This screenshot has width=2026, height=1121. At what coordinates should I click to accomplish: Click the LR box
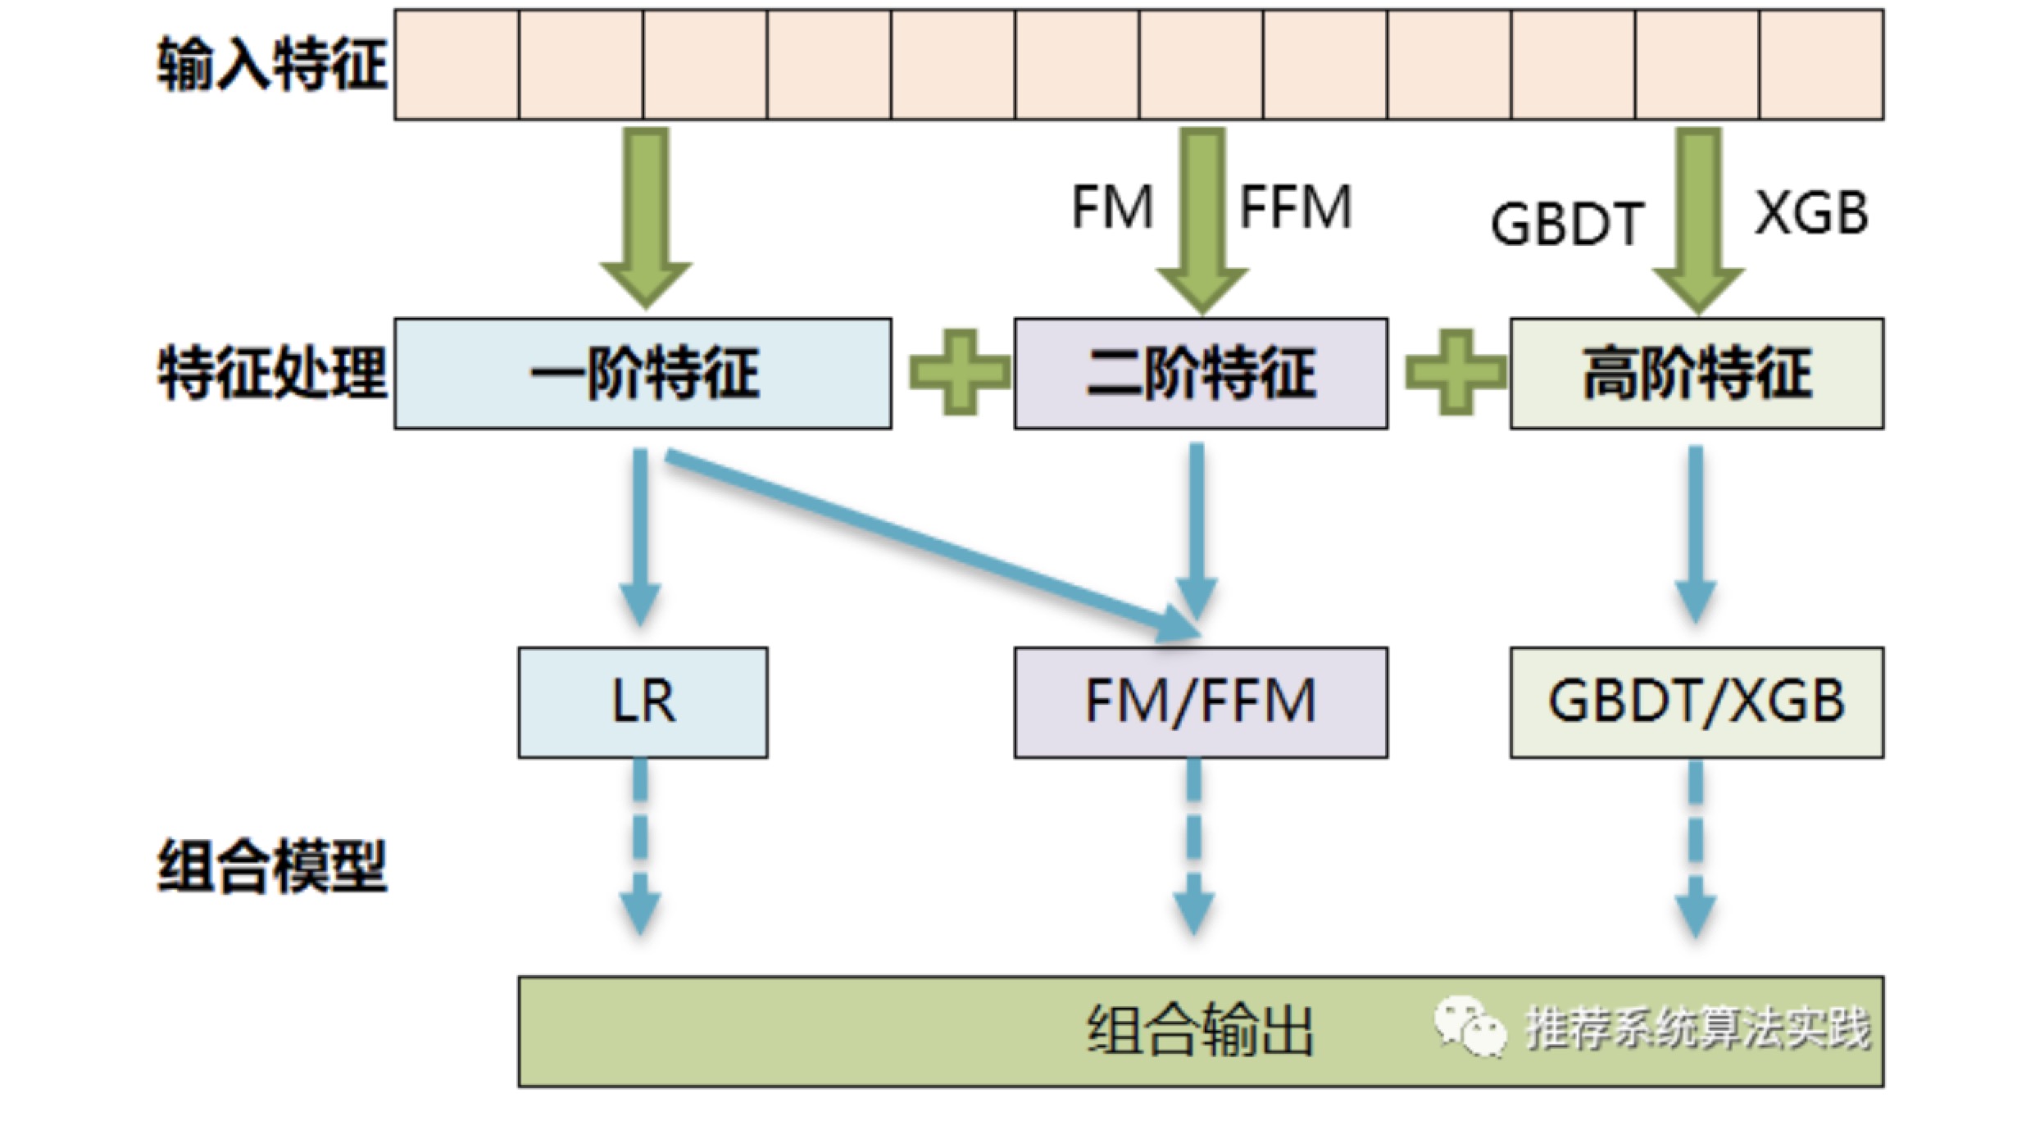643,702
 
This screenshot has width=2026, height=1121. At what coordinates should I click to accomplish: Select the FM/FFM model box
1201,702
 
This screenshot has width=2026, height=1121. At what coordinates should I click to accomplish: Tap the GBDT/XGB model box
1697,702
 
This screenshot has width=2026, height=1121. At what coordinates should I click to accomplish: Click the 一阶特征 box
643,374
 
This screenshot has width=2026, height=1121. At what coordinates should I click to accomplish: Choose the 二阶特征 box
1201,374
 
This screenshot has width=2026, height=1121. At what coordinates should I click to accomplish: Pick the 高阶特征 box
1697,374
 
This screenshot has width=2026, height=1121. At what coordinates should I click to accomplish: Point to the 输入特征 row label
271,64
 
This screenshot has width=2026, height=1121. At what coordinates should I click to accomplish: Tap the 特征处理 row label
271,374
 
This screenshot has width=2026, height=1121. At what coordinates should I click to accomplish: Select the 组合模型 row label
271,866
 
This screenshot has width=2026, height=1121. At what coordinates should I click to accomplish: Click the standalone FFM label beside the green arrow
1295,206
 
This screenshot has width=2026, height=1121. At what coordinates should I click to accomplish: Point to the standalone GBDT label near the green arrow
1567,223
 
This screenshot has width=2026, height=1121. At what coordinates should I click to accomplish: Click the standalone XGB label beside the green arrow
1811,213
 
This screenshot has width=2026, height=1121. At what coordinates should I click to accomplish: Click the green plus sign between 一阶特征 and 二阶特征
960,373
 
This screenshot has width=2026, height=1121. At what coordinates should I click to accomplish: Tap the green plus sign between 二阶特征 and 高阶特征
1456,373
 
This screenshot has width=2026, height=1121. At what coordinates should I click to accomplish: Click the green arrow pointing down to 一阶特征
646,218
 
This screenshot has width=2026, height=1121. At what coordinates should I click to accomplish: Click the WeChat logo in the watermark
1470,1028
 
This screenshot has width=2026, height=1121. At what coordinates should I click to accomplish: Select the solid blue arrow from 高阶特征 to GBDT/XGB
1696,536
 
